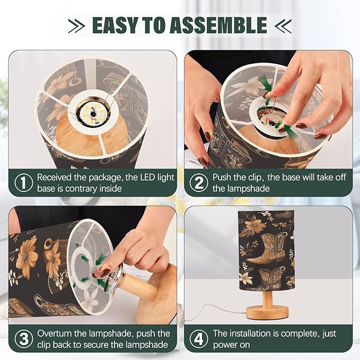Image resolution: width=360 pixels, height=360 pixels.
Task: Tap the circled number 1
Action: point(24,183)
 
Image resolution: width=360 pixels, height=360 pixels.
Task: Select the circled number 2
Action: point(199,183)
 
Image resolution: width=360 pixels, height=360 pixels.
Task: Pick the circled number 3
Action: point(24,339)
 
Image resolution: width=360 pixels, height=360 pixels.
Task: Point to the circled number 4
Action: point(199,339)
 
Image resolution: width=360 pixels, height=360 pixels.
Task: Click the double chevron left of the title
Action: point(77,25)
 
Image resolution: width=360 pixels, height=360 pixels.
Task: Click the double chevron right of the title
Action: point(283,25)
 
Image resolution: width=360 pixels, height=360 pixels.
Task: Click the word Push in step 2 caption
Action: point(222,177)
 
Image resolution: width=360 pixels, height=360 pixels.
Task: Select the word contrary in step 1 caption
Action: point(81,189)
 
